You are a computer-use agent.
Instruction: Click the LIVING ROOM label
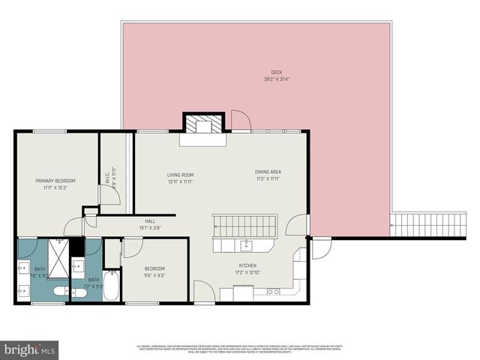pyautogui.click(x=180, y=175)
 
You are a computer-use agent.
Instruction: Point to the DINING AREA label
pyautogui.click(x=268, y=172)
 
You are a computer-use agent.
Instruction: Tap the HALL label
pyautogui.click(x=150, y=221)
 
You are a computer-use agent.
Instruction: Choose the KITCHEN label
pyautogui.click(x=248, y=265)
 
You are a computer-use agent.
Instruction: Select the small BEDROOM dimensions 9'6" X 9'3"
pyautogui.click(x=154, y=275)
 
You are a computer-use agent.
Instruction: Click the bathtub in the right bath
pyautogui.click(x=110, y=285)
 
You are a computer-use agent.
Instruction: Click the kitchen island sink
pyautogui.click(x=245, y=244)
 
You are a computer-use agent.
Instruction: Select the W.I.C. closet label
pyautogui.click(x=107, y=180)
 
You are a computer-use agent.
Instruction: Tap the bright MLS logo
pyautogui.click(x=30, y=349)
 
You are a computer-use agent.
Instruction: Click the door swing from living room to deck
pyautogui.click(x=240, y=119)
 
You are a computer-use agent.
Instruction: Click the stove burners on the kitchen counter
pyautogui.click(x=274, y=291)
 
